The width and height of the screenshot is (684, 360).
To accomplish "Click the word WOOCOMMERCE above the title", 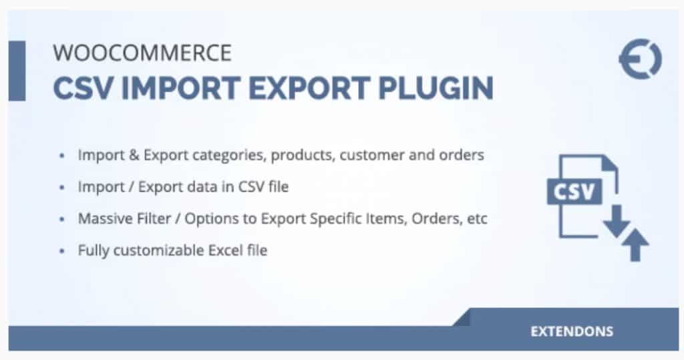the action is tap(142, 53).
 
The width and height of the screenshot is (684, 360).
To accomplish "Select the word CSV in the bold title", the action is tap(83, 89).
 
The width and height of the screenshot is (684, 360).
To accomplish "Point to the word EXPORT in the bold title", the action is tap(309, 89).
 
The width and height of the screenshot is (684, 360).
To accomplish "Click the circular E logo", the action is tap(641, 59).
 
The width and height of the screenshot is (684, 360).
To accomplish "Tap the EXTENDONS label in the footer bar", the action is tap(572, 332).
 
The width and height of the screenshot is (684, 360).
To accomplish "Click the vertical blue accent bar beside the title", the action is tap(17, 71).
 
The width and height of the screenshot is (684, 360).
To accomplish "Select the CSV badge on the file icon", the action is tap(574, 192).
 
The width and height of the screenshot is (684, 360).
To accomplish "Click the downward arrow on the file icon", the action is tap(617, 221).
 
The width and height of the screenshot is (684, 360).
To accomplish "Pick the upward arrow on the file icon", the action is tap(635, 244).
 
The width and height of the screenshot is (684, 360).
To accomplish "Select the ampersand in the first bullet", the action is tap(134, 155).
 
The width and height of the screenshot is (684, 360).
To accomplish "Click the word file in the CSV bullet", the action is tap(279, 187).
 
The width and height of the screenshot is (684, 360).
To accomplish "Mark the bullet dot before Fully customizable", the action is tap(62, 251).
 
